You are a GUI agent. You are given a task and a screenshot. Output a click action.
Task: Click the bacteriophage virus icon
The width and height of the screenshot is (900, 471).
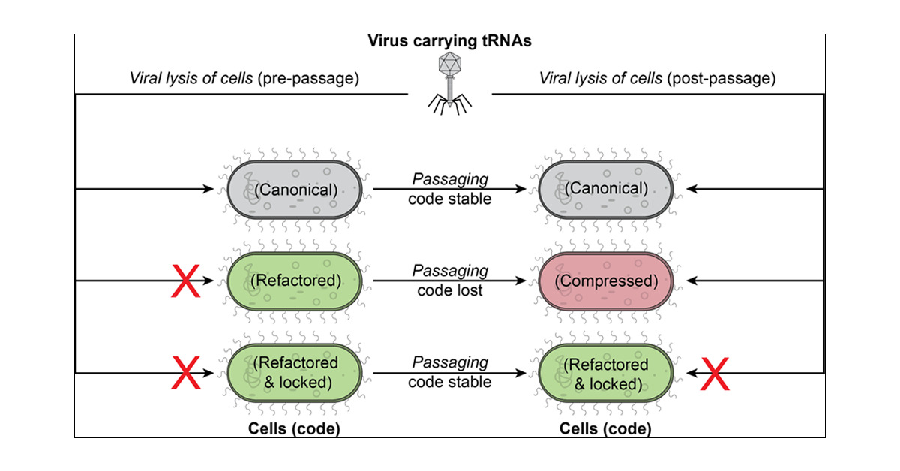449,83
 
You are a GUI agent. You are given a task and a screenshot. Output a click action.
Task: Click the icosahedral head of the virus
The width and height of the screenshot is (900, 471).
449,64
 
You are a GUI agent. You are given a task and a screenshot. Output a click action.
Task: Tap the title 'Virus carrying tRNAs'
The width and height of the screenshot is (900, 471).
449,41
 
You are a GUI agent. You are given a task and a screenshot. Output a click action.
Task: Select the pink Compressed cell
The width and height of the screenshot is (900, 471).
605,281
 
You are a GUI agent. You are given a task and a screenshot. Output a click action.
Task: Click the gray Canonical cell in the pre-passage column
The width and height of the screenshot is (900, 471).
295,190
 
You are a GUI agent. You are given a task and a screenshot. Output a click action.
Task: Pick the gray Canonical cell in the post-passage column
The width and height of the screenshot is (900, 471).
605,190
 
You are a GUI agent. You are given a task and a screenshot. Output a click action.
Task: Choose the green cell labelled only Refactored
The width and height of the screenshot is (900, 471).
295,281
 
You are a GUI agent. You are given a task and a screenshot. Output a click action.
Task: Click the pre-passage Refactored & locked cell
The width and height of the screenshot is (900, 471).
295,373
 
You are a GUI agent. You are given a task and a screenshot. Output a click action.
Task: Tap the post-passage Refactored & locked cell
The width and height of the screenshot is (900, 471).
605,373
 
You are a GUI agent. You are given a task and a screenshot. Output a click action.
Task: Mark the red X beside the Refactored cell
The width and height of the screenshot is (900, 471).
186,281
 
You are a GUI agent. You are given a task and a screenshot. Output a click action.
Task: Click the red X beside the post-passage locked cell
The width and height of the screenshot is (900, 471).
715,373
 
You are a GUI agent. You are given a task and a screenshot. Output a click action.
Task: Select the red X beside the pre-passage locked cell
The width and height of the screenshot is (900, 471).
186,373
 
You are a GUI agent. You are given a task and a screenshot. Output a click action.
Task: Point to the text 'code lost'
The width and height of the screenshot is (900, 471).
449,290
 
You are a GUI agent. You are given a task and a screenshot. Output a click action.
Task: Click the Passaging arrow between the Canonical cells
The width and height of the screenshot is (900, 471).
449,189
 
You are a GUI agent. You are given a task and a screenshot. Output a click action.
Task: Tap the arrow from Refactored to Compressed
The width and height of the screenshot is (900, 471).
449,280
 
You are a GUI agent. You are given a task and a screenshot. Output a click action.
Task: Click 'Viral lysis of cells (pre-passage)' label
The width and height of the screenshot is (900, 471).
244,78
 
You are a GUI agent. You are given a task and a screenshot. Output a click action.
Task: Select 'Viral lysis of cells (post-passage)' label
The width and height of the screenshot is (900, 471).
657,78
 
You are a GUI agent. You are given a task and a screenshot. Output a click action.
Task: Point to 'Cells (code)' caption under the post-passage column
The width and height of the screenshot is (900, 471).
605,428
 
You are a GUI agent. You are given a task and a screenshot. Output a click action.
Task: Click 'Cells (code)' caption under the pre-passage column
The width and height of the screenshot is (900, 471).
294,428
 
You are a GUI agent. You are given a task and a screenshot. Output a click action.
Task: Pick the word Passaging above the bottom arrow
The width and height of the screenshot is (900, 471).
450,362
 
